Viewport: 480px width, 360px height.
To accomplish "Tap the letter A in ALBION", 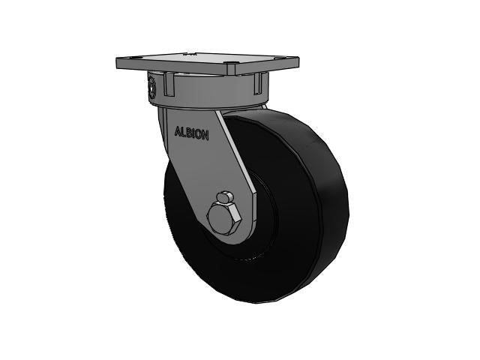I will tap(178, 130).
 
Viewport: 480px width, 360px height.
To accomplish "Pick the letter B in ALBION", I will tap(189, 132).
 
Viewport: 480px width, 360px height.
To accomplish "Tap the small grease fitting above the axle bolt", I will tap(223, 197).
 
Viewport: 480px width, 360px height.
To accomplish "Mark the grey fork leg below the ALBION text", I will tap(199, 172).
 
